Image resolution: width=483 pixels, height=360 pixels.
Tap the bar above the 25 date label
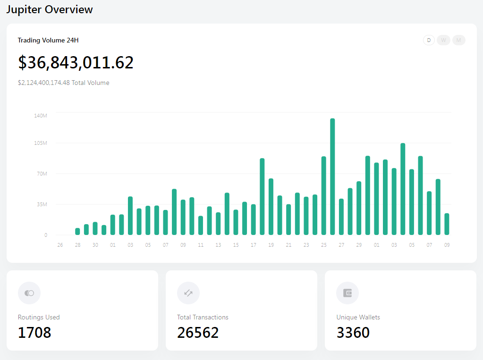(323, 196)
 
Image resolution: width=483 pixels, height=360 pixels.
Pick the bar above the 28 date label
(77, 232)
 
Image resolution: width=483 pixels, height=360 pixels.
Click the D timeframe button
(429, 40)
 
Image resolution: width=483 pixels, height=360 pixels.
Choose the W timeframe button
(444, 40)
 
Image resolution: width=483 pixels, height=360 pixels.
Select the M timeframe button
(459, 40)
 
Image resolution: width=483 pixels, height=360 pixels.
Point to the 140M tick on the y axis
(41, 116)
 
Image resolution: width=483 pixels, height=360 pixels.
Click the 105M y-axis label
(41, 143)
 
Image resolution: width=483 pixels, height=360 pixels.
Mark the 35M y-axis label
(42, 204)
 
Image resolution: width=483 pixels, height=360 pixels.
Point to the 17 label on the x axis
(254, 245)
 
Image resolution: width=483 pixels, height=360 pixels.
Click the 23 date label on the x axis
(306, 245)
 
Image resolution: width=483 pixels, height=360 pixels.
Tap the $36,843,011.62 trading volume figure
(76, 63)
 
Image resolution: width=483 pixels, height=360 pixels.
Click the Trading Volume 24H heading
(48, 41)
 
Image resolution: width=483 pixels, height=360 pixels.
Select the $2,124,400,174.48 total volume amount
(44, 83)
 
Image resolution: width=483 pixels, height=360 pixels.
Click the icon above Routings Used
(29, 293)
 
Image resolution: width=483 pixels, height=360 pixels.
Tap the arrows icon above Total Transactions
(188, 293)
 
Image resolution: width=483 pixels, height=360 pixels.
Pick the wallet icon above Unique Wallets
(347, 293)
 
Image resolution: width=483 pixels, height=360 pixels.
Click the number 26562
(198, 333)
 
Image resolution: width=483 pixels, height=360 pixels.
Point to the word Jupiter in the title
(24, 9)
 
